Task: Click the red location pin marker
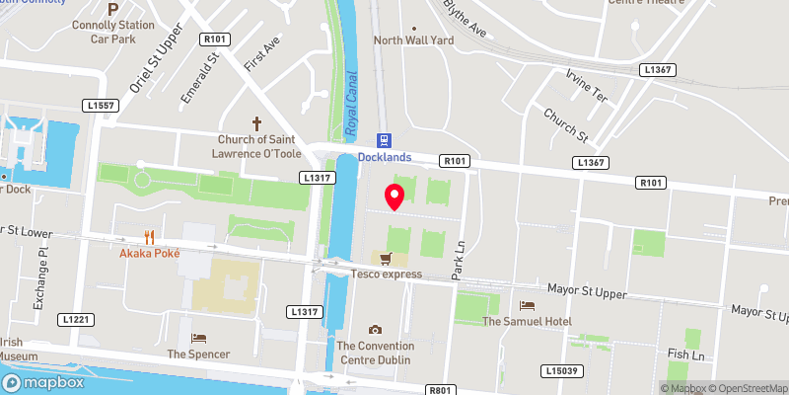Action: point(394,196)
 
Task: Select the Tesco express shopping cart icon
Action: point(387,259)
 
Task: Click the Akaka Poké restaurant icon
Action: point(149,237)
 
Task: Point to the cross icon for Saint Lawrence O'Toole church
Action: point(258,124)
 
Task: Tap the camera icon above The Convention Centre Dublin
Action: point(375,330)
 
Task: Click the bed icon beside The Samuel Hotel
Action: point(528,306)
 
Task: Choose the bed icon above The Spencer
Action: point(198,338)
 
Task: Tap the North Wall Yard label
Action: point(413,40)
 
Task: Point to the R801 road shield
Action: point(441,390)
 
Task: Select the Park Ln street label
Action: point(458,262)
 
